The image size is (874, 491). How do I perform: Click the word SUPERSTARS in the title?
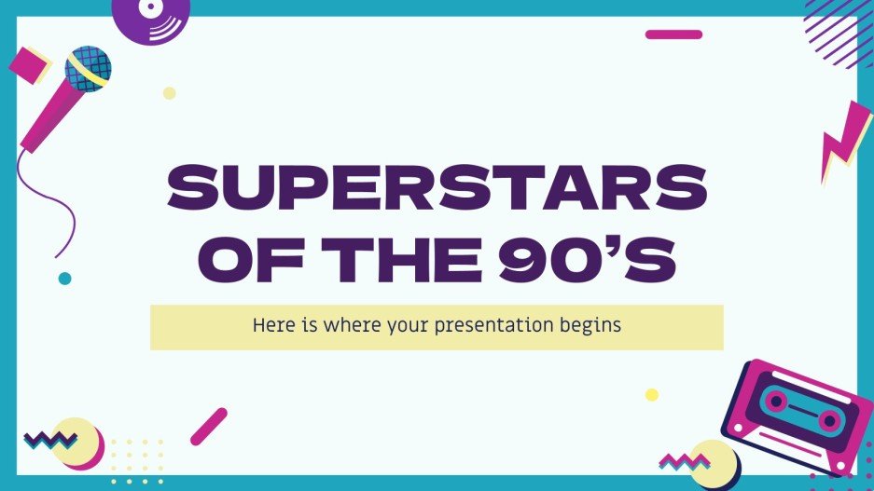click(437, 190)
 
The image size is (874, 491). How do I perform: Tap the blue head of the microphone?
click(88, 68)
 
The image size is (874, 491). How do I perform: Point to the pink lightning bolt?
click(844, 140)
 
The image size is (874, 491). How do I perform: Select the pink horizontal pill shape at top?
click(673, 34)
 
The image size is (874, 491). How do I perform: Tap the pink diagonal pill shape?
click(209, 426)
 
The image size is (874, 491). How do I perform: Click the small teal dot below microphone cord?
click(64, 278)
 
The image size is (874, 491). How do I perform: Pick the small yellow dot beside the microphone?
click(169, 93)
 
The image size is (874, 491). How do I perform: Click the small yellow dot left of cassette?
click(652, 394)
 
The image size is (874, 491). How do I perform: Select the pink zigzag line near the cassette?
click(685, 460)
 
